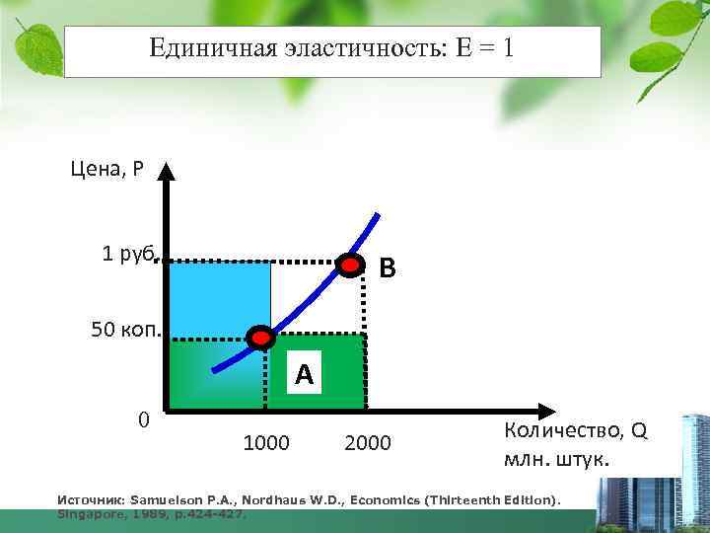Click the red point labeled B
click(x=350, y=265)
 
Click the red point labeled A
click(x=261, y=339)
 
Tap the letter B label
click(x=389, y=266)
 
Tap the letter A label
click(x=304, y=374)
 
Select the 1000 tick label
click(x=265, y=443)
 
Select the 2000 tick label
click(x=368, y=443)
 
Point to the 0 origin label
click(x=144, y=420)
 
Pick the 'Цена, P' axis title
click(x=106, y=169)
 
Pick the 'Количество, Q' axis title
click(x=575, y=431)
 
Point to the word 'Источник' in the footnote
click(x=91, y=500)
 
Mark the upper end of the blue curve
click(x=377, y=214)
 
